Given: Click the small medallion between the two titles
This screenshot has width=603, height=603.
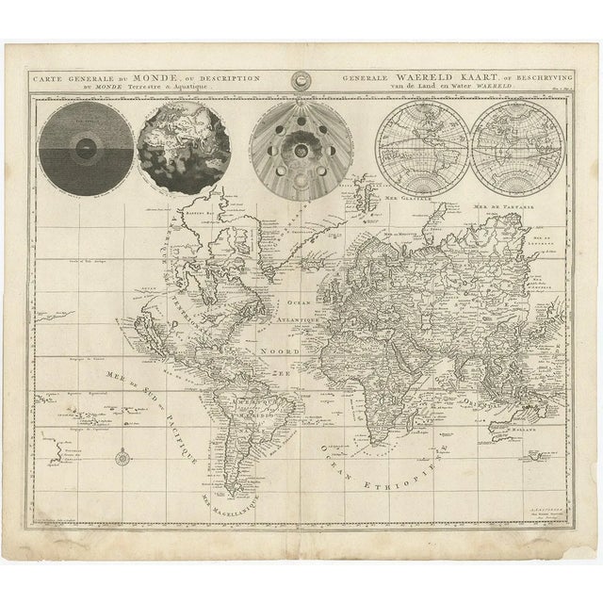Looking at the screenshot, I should point(302,82).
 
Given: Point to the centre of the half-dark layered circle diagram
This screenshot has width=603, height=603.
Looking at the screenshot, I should point(86,149).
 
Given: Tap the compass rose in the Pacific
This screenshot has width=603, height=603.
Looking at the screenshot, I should point(124,459).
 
